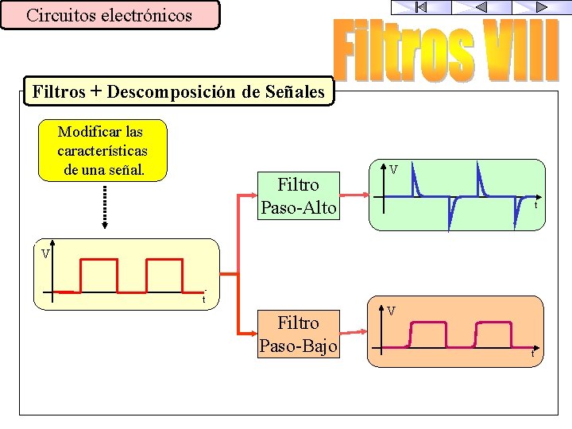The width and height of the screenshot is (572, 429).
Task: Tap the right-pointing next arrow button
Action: [541, 7]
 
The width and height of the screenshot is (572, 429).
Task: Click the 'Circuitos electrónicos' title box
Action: [110, 15]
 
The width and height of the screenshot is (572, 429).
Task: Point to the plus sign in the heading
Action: [95, 92]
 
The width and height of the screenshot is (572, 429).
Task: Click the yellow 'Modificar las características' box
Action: [102, 150]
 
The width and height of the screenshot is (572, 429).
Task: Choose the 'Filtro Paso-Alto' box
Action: [298, 196]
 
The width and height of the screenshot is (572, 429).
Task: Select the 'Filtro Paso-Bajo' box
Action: [298, 334]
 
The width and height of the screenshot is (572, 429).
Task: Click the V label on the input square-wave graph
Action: [46, 254]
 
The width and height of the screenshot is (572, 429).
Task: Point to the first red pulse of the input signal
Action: [98, 275]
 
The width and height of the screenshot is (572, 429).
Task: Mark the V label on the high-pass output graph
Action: [393, 168]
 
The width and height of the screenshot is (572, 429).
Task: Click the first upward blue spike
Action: [414, 181]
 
